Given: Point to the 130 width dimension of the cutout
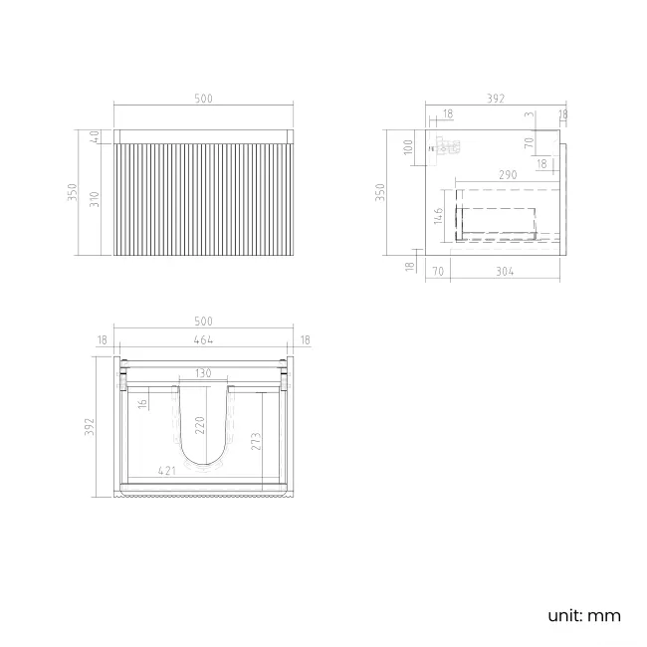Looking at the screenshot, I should tap(203, 373).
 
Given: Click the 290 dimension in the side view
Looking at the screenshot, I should tap(507, 175).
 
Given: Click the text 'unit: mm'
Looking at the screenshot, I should tap(583, 615).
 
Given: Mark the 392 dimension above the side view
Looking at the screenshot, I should tap(496, 99).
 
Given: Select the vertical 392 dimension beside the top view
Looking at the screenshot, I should tap(89, 426).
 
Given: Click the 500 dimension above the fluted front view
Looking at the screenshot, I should tap(203, 99).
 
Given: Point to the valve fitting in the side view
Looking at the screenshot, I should tap(448, 148).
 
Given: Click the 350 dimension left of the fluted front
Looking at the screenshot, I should tap(72, 192).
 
